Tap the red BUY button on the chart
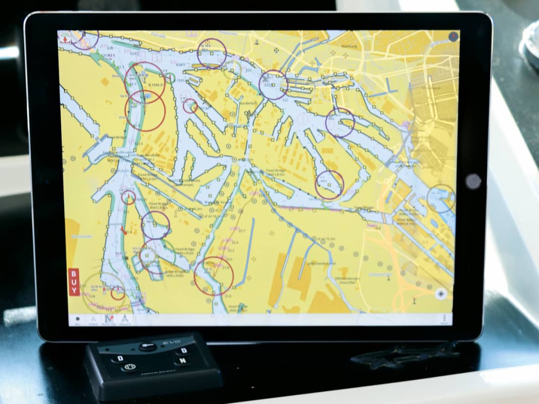pos(74,282)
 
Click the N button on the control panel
pos(184,361)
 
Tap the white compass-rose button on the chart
pos(441,294)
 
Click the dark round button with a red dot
pos(453,36)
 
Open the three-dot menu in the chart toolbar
pos(445,319)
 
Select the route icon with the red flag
pos(107,319)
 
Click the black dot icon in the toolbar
pos(78,319)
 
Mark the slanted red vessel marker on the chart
pos(123,232)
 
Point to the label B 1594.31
pos(155,85)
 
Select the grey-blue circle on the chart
pos(441,198)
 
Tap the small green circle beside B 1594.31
pos(171,78)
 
